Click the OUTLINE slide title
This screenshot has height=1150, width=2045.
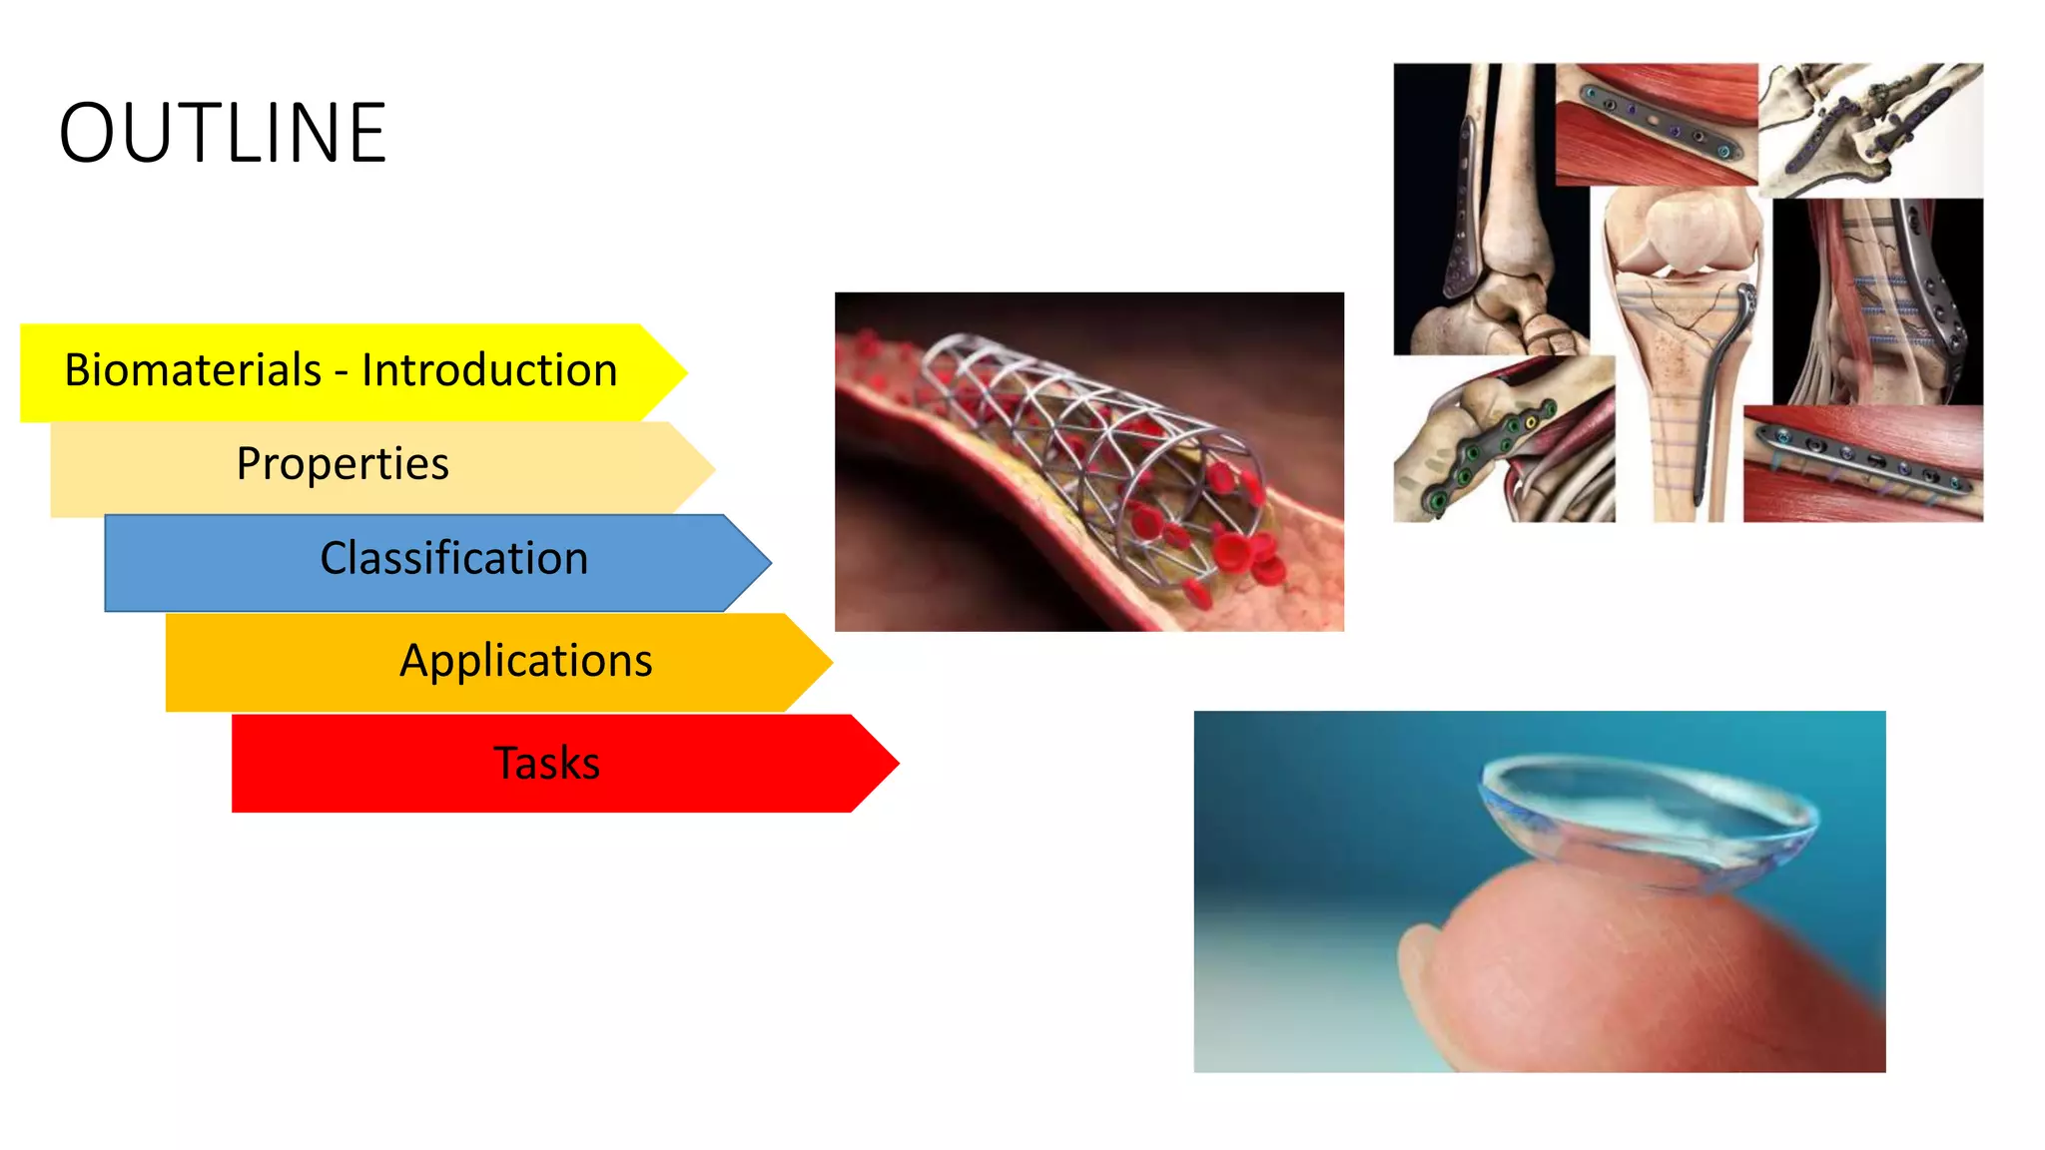223,133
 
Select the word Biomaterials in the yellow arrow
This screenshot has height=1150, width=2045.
193,370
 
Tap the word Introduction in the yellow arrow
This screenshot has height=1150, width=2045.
489,370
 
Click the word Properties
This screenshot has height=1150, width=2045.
342,464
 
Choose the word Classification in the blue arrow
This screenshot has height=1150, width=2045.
453,558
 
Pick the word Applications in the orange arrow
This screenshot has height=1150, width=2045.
525,661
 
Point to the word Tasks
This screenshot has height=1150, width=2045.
547,764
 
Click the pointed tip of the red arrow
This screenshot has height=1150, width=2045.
896,764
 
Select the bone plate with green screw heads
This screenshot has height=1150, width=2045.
1488,454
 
